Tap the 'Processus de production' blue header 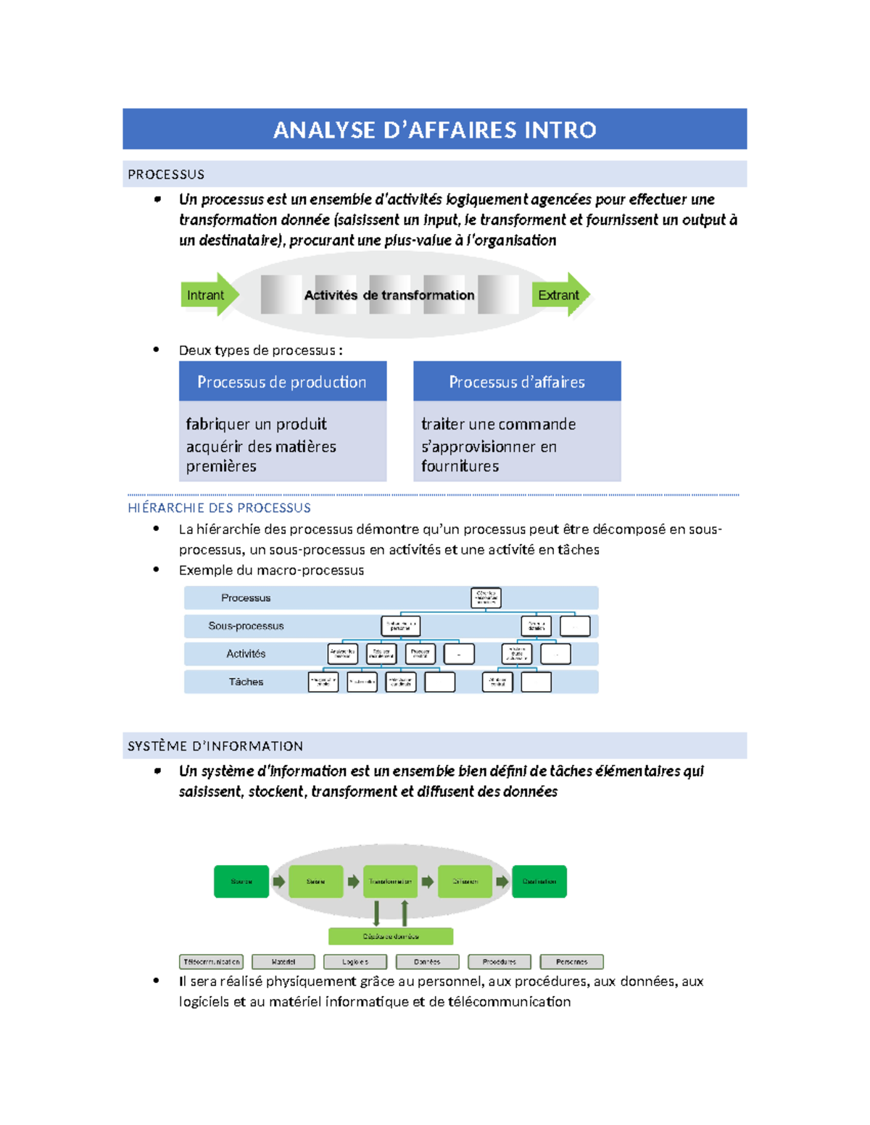(x=282, y=382)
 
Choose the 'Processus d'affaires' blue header (x=516, y=382)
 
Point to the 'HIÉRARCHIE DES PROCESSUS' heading (x=219, y=508)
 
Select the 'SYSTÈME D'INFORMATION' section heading (x=215, y=746)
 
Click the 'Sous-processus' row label (x=246, y=626)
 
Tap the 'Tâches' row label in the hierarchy (x=246, y=682)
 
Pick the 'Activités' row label (x=246, y=653)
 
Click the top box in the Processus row (x=486, y=598)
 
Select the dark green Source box (x=241, y=882)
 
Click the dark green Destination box (x=539, y=882)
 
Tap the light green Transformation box (x=390, y=882)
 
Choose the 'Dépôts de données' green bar (x=391, y=936)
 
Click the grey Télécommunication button (x=211, y=962)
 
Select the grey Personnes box (x=571, y=962)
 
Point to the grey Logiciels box (x=355, y=962)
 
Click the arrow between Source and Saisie (x=278, y=882)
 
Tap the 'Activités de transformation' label (x=389, y=295)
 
